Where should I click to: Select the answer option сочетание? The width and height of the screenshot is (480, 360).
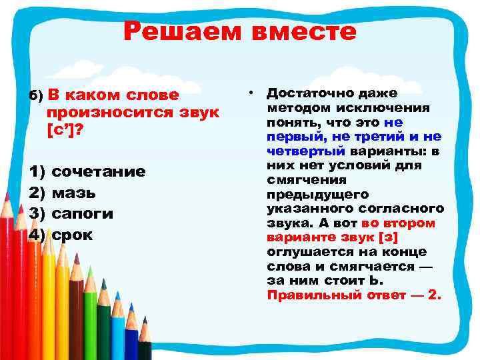point(98,172)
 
